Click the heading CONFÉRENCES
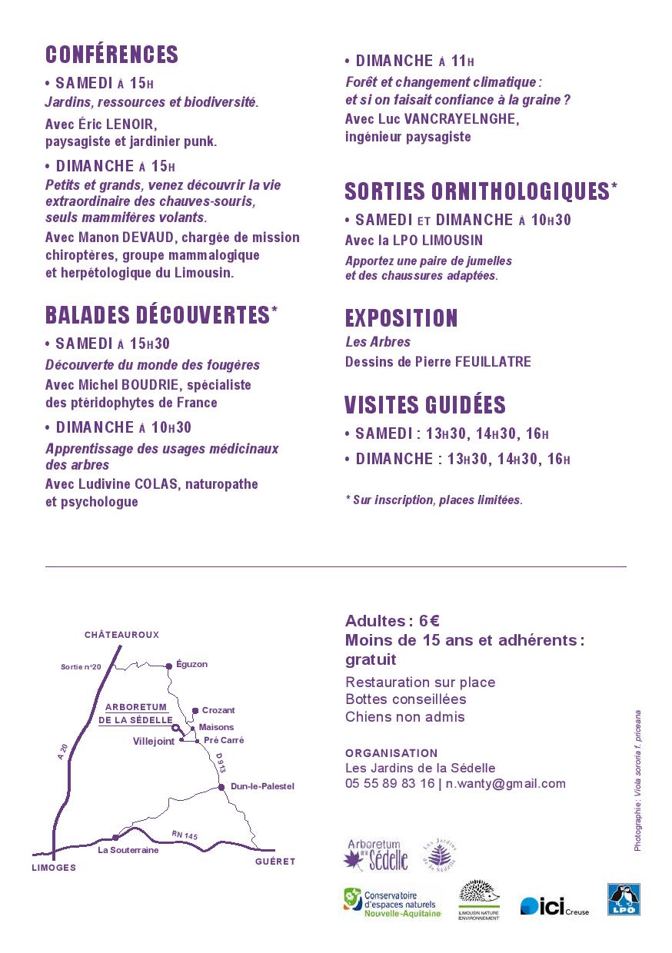pos(111,55)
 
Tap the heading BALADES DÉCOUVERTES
pos(157,315)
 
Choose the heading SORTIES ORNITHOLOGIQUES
pos(477,191)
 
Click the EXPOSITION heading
pos(401,318)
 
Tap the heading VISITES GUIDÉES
pos(425,405)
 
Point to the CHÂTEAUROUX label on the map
pos(121,635)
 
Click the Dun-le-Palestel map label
pos(262,786)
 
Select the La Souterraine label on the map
pos(128,850)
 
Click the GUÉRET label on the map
pos(275,862)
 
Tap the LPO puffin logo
pos(624,899)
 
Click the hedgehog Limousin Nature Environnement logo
pos(479,899)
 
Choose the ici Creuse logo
pos(554,907)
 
